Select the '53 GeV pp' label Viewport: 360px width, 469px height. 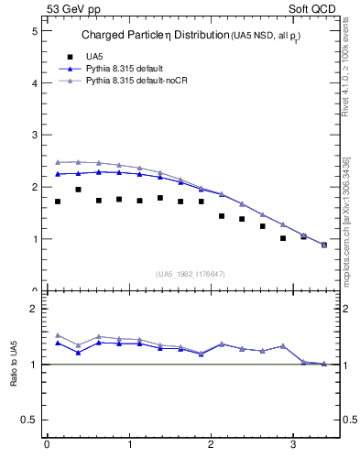73,8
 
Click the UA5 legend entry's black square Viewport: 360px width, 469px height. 71,56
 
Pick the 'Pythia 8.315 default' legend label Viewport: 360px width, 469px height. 125,69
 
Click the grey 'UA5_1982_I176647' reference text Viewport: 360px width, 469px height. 191,274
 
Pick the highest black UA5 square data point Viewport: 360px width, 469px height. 78,190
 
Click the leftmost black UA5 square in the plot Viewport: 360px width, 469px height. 58,202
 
